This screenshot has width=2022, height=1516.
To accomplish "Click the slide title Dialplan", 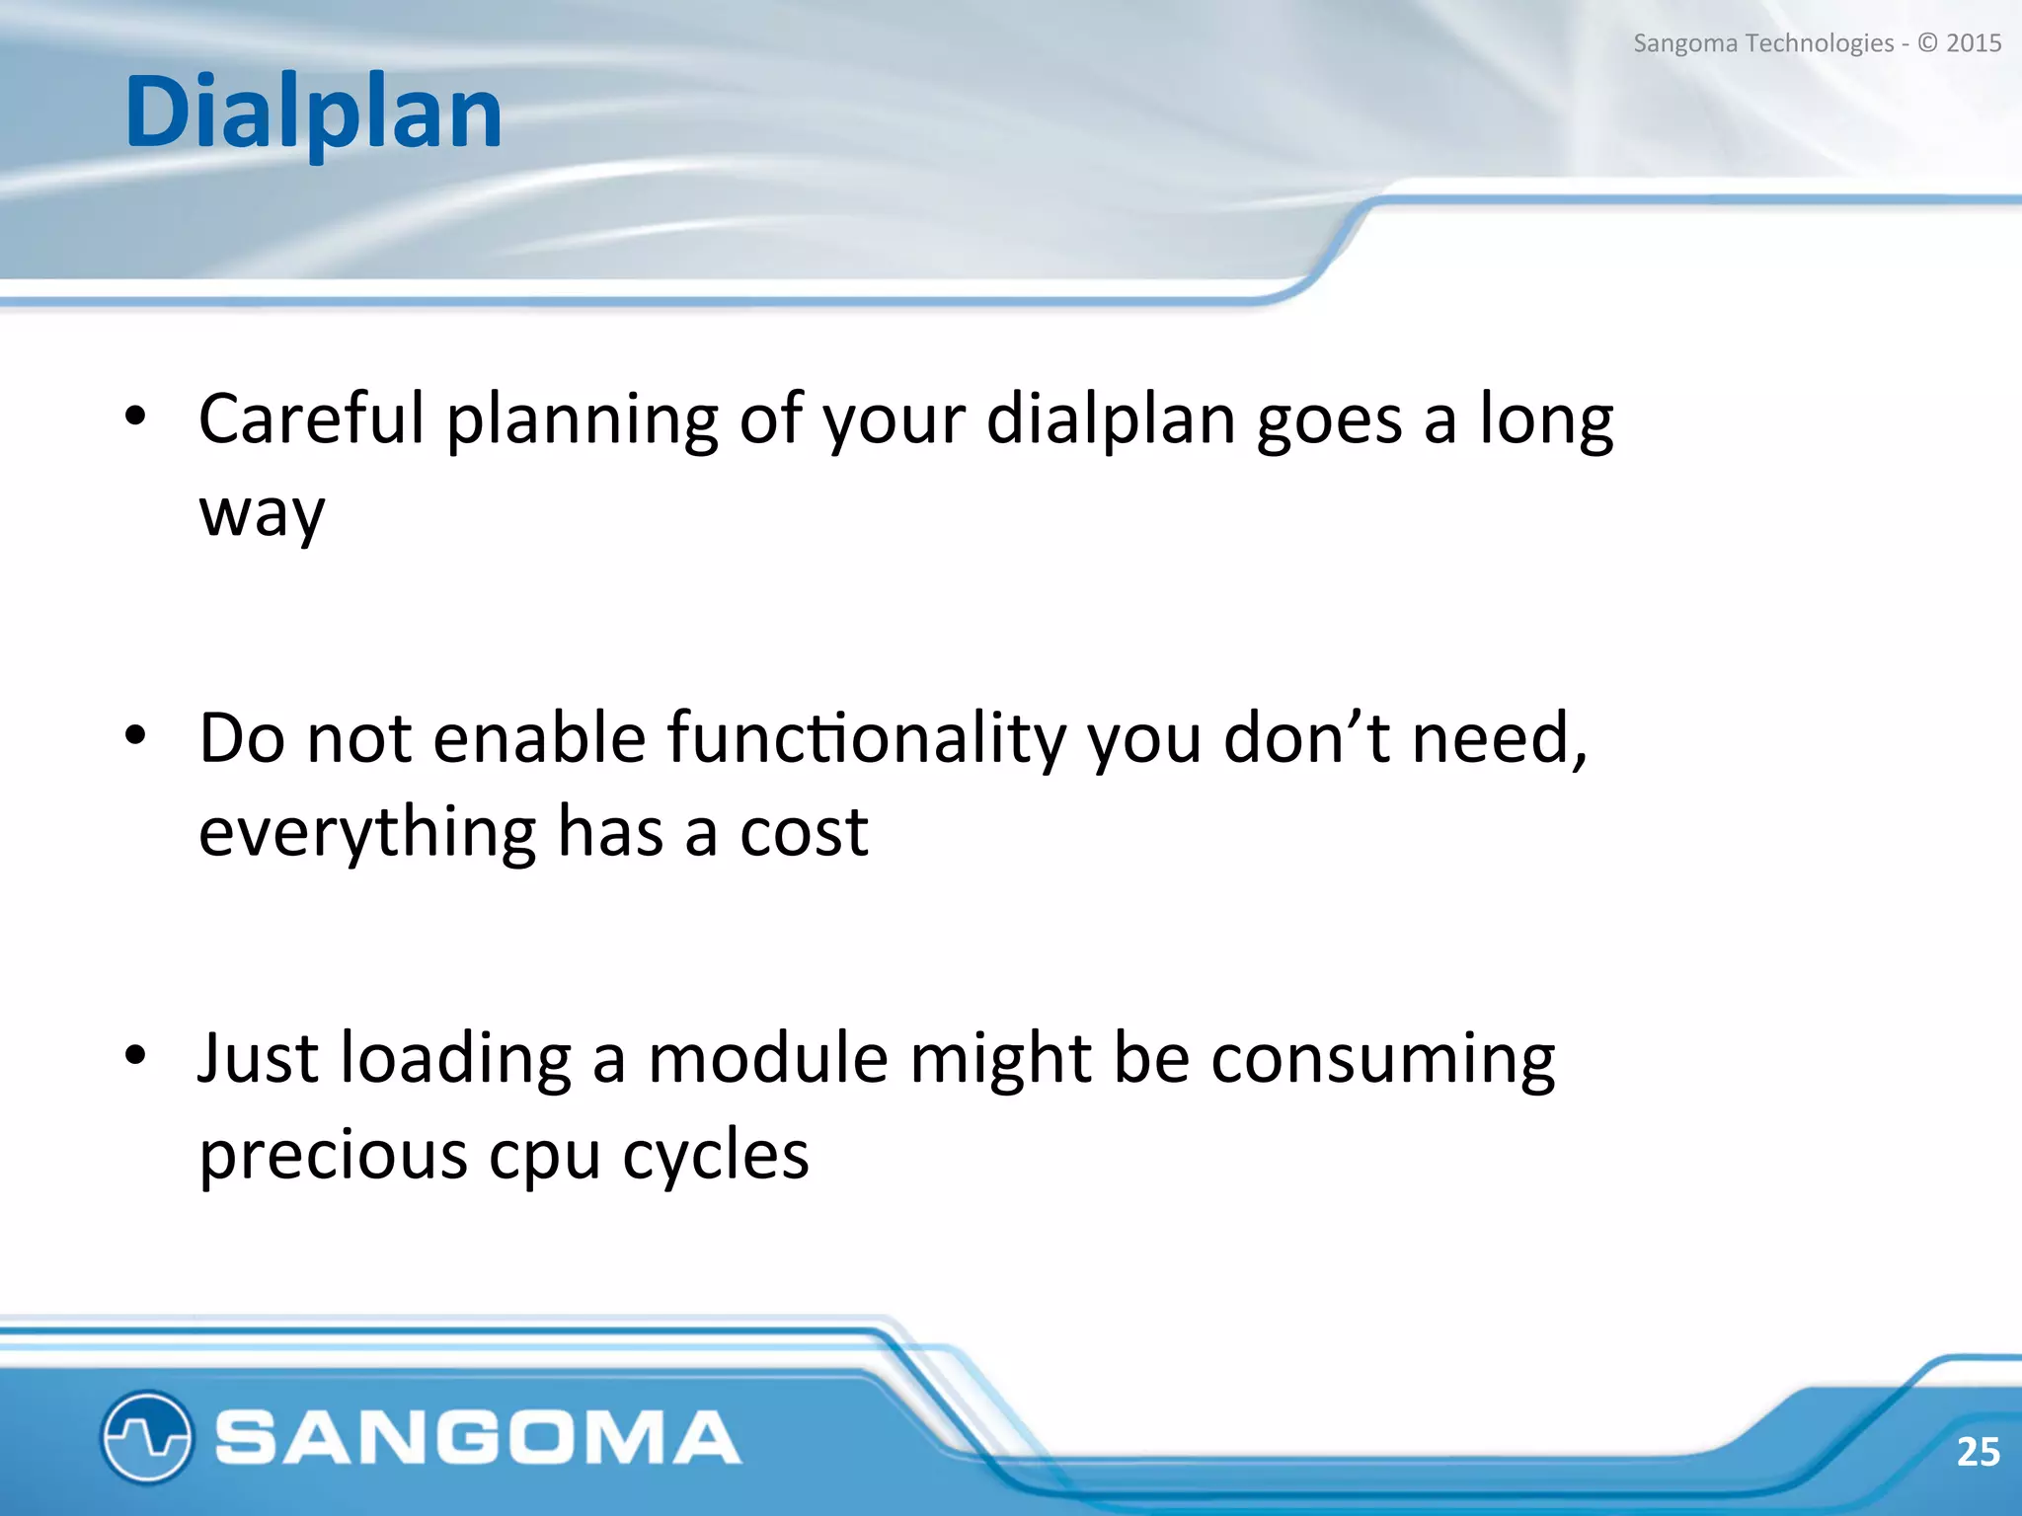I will point(313,114).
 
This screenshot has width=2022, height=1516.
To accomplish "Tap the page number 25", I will point(1978,1452).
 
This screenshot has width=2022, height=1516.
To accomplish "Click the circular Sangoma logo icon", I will point(146,1436).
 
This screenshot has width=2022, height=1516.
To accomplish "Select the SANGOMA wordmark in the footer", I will point(478,1437).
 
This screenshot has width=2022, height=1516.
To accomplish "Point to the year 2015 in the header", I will point(1974,43).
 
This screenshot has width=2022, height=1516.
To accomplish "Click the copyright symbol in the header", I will point(1927,43).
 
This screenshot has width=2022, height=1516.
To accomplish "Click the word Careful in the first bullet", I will point(311,418).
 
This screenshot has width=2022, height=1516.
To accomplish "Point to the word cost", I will point(804,833).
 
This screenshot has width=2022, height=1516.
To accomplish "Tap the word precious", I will point(333,1155).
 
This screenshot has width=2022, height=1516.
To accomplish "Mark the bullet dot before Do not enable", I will point(136,735).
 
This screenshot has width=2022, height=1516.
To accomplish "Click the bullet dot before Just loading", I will point(136,1055).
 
